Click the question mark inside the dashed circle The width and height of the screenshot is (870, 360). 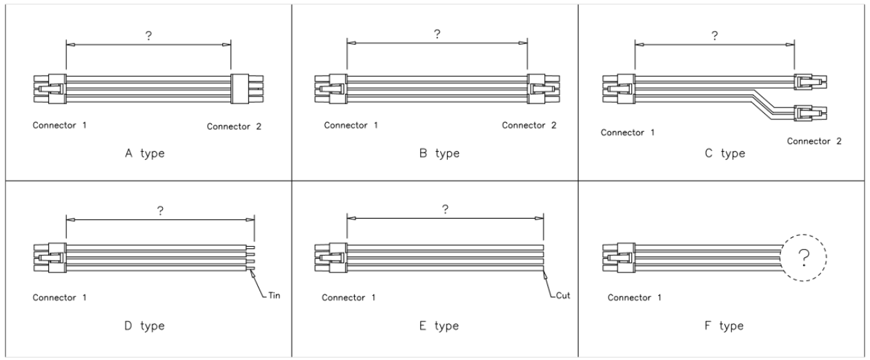coord(804,257)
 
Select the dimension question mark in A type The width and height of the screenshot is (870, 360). coord(148,37)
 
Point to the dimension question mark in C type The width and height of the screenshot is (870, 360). coord(714,37)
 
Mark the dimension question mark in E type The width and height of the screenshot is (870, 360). coord(446,209)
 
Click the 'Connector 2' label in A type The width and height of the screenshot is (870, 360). coord(235,126)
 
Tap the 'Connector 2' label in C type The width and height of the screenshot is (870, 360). coord(815,141)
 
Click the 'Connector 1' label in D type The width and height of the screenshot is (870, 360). coord(59,299)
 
